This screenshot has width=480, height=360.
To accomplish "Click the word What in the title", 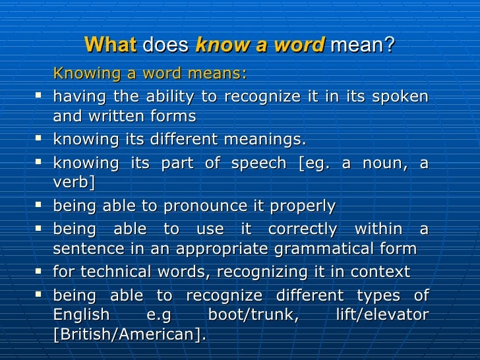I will tap(111, 45).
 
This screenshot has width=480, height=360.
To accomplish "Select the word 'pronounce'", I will tap(202, 206).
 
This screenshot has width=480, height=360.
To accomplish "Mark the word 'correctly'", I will tap(302, 229).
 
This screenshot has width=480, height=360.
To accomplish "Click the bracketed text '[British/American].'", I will tap(130, 334).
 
